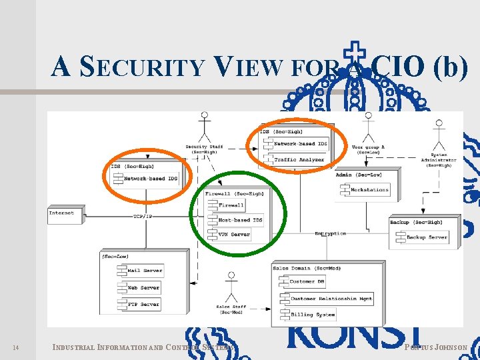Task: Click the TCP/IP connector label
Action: [143, 217]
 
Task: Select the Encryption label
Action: [331, 233]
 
